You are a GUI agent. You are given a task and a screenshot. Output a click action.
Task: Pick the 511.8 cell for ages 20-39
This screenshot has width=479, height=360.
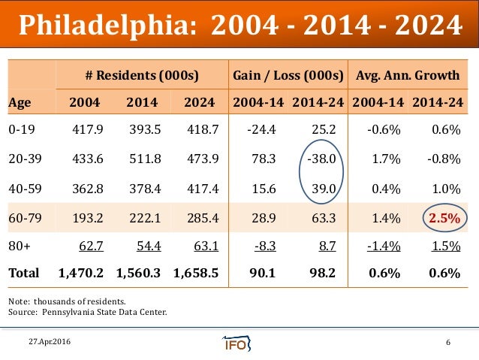tap(140, 159)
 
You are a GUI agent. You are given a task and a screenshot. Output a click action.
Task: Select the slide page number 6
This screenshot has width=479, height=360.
tap(448, 343)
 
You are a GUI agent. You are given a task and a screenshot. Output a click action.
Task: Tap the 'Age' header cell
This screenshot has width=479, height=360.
tap(20, 102)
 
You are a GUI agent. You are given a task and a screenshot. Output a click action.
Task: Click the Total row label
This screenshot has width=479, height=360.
tap(23, 274)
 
